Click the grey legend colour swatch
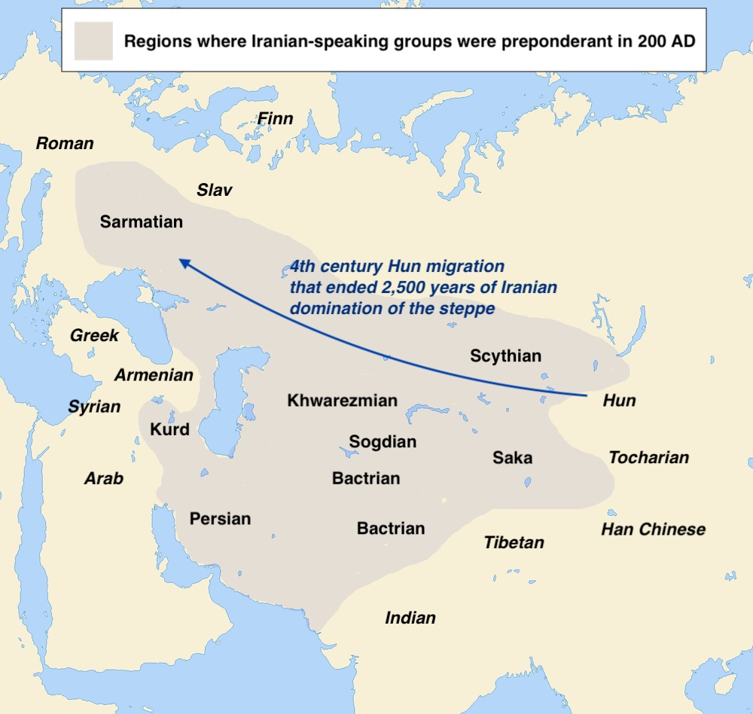point(93,41)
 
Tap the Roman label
point(65,143)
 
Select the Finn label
point(275,119)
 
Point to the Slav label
point(215,190)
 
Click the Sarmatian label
point(142,222)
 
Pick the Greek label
point(94,336)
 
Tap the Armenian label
point(154,374)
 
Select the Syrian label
point(94,407)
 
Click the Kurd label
point(169,430)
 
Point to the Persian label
point(220,519)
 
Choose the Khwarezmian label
point(342,401)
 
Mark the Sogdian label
point(383,442)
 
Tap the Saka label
point(512,458)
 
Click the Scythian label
point(505,356)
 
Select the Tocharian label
point(648,457)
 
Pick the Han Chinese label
point(653,529)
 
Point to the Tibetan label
point(514,542)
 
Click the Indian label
point(410,618)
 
